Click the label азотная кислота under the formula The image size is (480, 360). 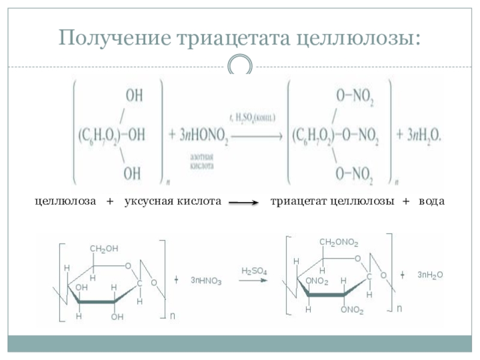click(203, 160)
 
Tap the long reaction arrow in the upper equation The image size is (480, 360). click(257, 135)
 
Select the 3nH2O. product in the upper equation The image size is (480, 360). click(424, 135)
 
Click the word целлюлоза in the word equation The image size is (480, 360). click(65, 202)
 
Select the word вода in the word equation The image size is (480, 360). click(432, 202)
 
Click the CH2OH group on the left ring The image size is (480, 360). click(104, 248)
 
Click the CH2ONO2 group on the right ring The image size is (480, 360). click(339, 242)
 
